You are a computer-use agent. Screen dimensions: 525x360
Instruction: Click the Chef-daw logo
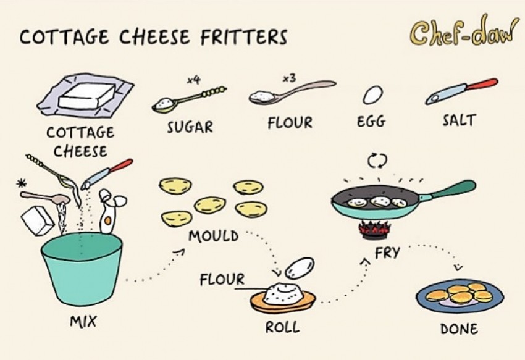(x=464, y=31)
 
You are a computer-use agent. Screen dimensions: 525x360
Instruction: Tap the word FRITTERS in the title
(x=244, y=37)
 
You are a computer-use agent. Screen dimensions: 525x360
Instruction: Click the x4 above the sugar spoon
(x=193, y=80)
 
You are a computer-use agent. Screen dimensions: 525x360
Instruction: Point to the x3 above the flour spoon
(x=289, y=78)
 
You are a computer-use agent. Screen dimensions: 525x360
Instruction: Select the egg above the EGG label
(x=372, y=94)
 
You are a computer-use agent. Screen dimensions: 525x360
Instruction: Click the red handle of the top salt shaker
(x=482, y=84)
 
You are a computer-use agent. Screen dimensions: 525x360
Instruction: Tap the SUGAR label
(x=190, y=127)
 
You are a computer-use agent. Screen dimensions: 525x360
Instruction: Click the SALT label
(x=459, y=120)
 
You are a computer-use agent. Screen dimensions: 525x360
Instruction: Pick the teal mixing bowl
(x=82, y=269)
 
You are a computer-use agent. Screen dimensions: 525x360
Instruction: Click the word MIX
(x=83, y=321)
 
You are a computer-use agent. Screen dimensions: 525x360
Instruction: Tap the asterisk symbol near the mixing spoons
(x=22, y=183)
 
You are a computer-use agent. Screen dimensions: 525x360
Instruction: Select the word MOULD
(x=213, y=236)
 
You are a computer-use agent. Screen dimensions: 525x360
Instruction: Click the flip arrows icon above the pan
(x=377, y=161)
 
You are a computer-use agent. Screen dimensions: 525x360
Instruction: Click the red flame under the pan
(x=375, y=229)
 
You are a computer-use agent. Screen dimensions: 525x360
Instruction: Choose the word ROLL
(x=282, y=327)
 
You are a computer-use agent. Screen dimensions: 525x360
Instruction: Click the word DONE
(x=459, y=329)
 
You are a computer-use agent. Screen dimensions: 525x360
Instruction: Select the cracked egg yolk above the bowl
(x=107, y=220)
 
